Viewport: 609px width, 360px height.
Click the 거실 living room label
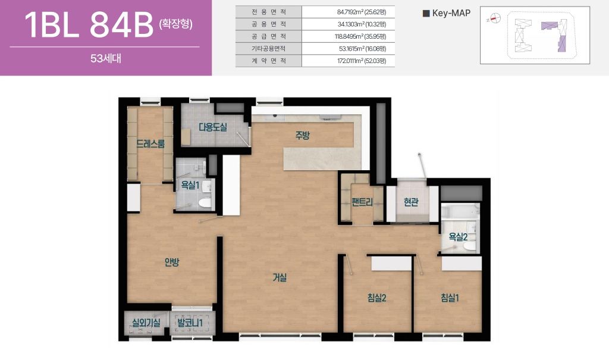280,277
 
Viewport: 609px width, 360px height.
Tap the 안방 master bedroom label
172,262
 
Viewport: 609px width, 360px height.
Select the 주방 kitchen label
303,135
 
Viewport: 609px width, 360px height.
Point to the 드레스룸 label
150,144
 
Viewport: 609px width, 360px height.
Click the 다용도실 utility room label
213,127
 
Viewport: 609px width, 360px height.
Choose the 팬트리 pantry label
362,202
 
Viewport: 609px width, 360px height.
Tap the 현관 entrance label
411,202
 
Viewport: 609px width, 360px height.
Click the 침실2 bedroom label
376,298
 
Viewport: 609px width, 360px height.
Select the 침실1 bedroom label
450,298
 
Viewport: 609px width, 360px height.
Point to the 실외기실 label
146,323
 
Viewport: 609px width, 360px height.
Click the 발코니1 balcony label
190,323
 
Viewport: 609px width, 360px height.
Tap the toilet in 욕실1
205,202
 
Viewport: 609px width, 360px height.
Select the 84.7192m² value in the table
362,12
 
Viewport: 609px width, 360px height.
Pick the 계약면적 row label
269,61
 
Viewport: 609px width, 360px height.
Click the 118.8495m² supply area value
360,36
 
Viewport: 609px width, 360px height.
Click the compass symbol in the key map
494,18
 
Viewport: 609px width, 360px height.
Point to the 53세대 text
106,58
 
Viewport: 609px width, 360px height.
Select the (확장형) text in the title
175,24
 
